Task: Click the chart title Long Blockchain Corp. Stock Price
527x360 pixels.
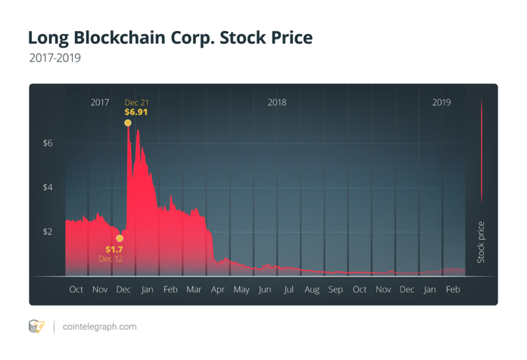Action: [x=170, y=37]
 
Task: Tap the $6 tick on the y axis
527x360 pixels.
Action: [x=47, y=142]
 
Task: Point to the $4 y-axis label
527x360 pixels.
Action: [x=47, y=187]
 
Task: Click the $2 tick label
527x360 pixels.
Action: [x=47, y=231]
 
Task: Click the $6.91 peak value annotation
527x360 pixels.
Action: [x=136, y=111]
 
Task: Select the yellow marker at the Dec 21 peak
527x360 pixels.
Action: [x=128, y=122]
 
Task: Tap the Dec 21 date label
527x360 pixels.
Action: [x=136, y=102]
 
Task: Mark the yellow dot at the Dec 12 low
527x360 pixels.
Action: [x=119, y=238]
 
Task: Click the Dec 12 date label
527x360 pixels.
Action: [x=111, y=258]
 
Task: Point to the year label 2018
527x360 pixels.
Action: [x=277, y=102]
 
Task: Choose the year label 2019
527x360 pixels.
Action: [x=441, y=102]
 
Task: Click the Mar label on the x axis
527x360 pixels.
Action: [x=194, y=290]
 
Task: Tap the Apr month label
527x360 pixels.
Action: [x=218, y=290]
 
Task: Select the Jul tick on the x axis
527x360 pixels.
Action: [x=288, y=290]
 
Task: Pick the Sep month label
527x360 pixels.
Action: [x=335, y=290]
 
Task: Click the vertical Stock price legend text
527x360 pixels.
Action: [x=481, y=243]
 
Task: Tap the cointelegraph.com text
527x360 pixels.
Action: [x=99, y=327]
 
